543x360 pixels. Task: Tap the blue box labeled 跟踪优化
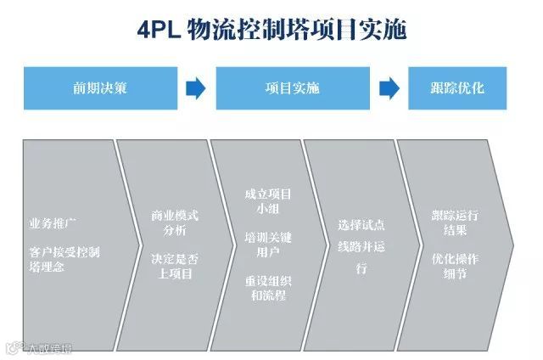457,87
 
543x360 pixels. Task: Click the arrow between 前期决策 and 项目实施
195,87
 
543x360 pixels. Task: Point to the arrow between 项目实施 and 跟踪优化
389,87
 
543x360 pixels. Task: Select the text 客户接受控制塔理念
63,259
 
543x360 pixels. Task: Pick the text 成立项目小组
267,201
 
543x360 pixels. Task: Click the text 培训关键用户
267,244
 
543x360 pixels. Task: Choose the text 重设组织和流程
267,288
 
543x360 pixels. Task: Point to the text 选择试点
361,225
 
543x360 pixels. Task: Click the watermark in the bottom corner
38,347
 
